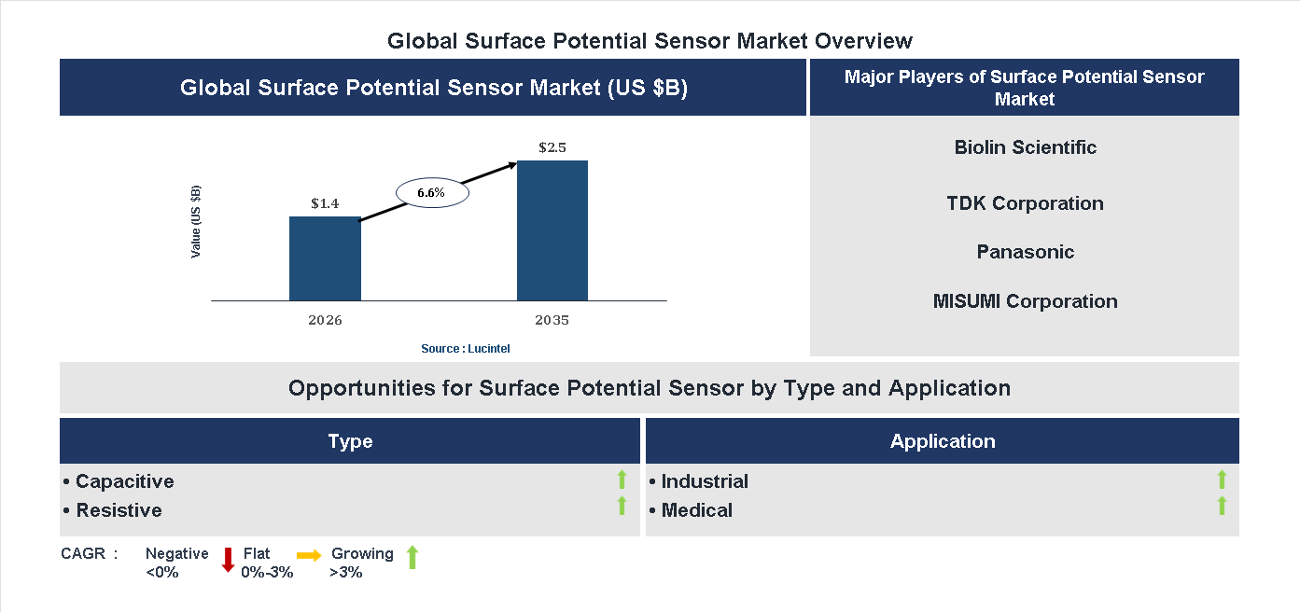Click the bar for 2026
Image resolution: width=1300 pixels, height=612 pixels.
(325, 258)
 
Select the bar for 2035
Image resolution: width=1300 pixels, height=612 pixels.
(552, 230)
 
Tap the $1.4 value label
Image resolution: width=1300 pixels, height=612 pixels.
(325, 202)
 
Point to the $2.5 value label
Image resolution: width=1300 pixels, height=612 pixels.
(552, 147)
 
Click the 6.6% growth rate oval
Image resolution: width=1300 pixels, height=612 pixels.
(431, 192)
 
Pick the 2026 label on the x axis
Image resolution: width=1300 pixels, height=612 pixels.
(325, 320)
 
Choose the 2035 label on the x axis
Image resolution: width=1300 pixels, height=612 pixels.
(552, 320)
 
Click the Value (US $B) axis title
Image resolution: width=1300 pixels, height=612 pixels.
(196, 222)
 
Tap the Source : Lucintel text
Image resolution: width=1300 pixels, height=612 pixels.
(466, 348)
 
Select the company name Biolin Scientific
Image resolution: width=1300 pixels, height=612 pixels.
(1025, 147)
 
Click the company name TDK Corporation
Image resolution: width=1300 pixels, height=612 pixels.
(1025, 203)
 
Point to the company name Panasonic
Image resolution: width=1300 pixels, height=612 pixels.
(1025, 252)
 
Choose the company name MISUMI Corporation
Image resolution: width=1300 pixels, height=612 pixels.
(1025, 301)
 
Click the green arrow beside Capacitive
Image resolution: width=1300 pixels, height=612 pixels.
(622, 480)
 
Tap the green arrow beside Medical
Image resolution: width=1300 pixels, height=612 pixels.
(1222, 506)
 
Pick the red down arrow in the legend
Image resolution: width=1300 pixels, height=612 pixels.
(228, 560)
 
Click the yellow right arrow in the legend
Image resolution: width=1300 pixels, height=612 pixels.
(309, 554)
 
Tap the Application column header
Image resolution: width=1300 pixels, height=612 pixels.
(943, 441)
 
